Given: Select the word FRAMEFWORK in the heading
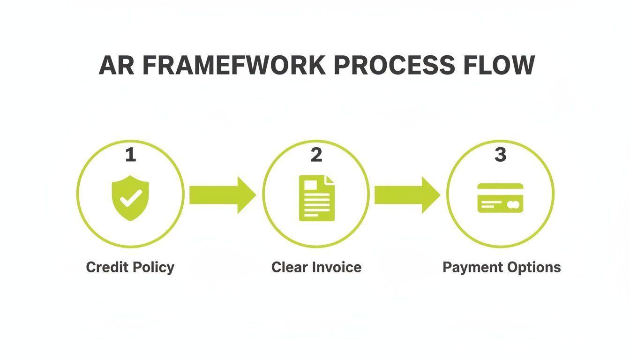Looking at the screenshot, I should [233, 65].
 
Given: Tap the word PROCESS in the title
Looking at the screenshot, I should [395, 65].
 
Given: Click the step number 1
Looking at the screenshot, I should [130, 155].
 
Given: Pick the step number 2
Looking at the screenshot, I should [316, 155].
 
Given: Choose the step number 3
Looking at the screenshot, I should [500, 155].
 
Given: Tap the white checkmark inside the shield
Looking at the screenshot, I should [131, 199].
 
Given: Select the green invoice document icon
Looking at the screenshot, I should [317, 198].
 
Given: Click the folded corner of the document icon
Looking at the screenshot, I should [330, 180].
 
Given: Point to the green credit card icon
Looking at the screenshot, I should [500, 198].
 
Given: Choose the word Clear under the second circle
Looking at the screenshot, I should [290, 267].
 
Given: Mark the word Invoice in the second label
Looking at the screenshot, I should [337, 267].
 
